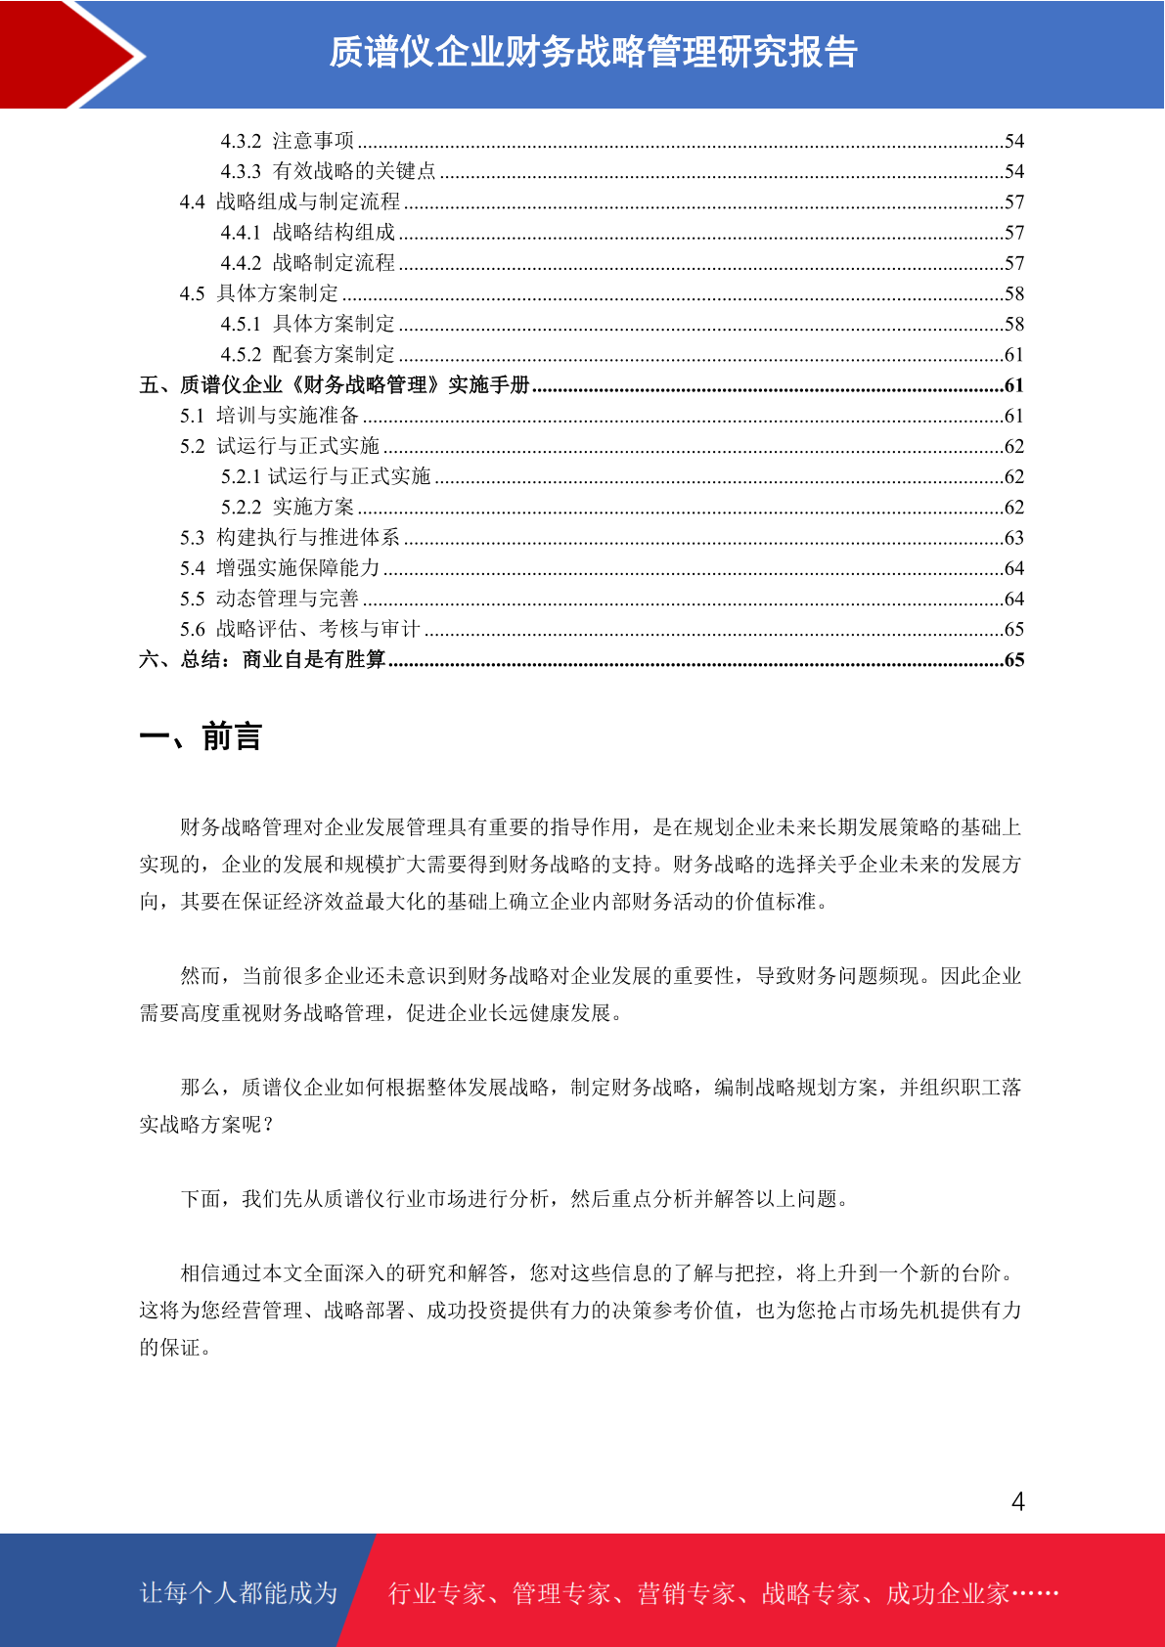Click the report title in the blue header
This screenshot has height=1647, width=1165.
593,52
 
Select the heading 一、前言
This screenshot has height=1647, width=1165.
201,736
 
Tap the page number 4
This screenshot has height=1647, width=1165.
1017,1501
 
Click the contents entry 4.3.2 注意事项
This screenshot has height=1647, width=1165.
287,141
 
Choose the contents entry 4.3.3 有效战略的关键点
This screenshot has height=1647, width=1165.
328,171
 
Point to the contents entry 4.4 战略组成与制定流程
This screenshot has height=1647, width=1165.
290,201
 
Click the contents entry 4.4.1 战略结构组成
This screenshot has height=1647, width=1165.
307,232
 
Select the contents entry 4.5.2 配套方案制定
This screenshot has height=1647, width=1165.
307,354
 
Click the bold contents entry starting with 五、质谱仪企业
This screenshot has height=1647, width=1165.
334,385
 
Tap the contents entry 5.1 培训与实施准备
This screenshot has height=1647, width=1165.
269,416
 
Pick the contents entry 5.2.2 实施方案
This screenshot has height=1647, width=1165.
287,507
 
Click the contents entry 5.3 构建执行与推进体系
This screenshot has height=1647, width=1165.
290,537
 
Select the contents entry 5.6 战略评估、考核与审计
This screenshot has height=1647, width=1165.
299,629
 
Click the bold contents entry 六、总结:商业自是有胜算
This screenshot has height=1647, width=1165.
262,660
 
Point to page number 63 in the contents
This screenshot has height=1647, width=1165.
1014,538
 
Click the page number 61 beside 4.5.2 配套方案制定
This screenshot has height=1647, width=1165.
1014,355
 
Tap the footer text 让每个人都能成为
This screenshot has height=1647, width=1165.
239,1593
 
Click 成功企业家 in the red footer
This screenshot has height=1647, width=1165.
947,1594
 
